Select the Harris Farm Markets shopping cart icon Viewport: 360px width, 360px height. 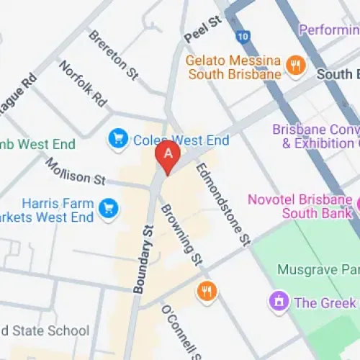[109, 208]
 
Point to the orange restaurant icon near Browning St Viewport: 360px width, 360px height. [207, 291]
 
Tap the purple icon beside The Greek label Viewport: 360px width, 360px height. [277, 302]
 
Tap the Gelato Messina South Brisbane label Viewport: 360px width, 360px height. [233, 67]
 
